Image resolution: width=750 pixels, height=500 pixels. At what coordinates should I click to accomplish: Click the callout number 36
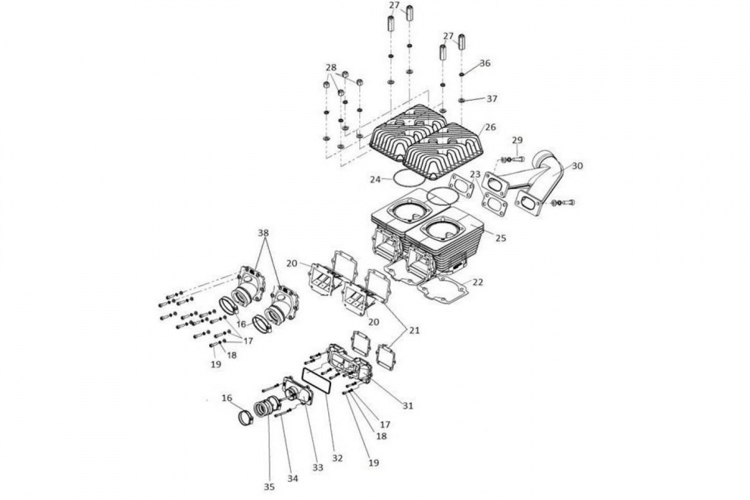pyautogui.click(x=485, y=63)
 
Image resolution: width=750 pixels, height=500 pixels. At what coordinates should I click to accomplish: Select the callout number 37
pyautogui.click(x=492, y=99)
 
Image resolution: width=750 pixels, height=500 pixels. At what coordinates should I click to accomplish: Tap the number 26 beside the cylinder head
pyautogui.click(x=490, y=127)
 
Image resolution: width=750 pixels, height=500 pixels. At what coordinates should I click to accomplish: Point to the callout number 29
pyautogui.click(x=517, y=140)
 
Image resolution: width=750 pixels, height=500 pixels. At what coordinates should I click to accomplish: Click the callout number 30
pyautogui.click(x=577, y=166)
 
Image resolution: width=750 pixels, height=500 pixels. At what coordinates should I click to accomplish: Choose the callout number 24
pyautogui.click(x=376, y=179)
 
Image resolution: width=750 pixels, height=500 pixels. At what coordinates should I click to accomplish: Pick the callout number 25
pyautogui.click(x=501, y=239)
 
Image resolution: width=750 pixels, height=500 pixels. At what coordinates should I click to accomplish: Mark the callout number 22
pyautogui.click(x=477, y=282)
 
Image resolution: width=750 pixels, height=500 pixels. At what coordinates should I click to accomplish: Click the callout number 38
pyautogui.click(x=264, y=232)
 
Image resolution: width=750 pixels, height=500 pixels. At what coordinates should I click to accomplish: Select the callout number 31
pyautogui.click(x=407, y=406)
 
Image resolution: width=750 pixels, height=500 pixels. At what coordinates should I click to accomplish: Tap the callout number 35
pyautogui.click(x=269, y=487)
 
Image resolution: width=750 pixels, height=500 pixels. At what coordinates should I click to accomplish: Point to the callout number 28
pyautogui.click(x=331, y=67)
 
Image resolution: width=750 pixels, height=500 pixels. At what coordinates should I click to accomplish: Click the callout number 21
pyautogui.click(x=414, y=331)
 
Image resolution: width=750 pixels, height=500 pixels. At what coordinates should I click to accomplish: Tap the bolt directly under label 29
pyautogui.click(x=518, y=159)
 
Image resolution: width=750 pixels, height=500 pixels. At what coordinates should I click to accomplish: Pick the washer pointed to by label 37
pyautogui.click(x=462, y=100)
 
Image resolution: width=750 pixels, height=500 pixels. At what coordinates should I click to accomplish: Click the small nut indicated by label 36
pyautogui.click(x=462, y=74)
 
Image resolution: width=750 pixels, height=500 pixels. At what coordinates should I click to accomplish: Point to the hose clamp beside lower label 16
pyautogui.click(x=246, y=417)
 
